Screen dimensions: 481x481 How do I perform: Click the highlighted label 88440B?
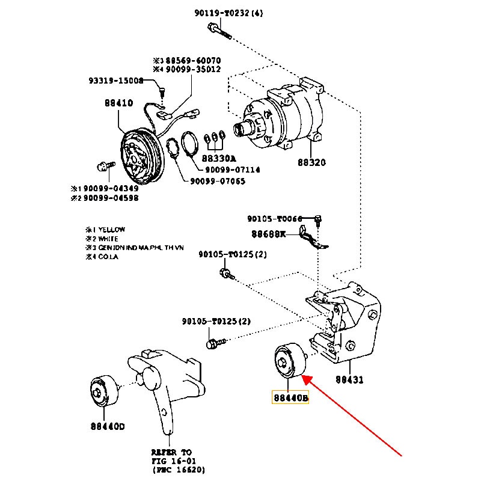tap(290, 397)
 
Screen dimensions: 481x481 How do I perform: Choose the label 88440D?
tap(108, 426)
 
